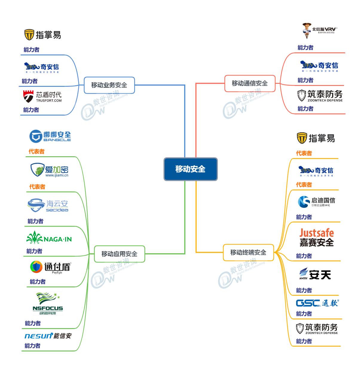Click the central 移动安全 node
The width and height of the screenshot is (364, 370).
190,169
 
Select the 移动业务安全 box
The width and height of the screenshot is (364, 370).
109,85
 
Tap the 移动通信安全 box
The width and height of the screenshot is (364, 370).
250,83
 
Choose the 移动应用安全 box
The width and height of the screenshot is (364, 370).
119,254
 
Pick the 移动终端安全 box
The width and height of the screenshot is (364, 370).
248,252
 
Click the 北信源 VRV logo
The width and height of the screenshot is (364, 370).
319,30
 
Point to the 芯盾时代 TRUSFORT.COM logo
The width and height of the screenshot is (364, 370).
42,96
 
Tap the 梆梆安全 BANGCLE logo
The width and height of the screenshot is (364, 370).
50,136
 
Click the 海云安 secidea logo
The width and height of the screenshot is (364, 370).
48,205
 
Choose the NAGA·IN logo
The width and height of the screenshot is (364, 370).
49,238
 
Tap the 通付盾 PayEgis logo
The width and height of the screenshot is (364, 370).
50,267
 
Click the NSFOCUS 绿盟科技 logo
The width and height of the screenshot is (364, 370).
48,304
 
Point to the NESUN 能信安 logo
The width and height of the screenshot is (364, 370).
48,336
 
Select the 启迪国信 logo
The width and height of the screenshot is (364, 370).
316,201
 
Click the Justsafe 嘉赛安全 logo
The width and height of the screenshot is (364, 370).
316,238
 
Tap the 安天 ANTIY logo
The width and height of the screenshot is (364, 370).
315,274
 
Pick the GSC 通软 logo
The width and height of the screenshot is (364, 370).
317,303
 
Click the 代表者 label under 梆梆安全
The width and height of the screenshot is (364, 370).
36,151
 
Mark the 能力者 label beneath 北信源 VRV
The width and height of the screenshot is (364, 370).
305,48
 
